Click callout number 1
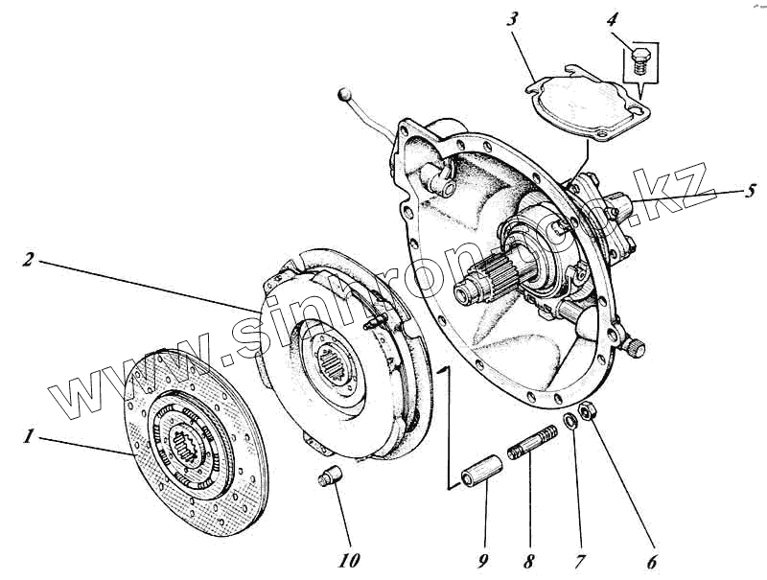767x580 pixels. coord(29,437)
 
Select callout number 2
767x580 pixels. coord(30,259)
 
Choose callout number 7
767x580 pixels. coord(579,562)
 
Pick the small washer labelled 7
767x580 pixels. coord(569,422)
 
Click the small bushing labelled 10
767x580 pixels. coord(329,474)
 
